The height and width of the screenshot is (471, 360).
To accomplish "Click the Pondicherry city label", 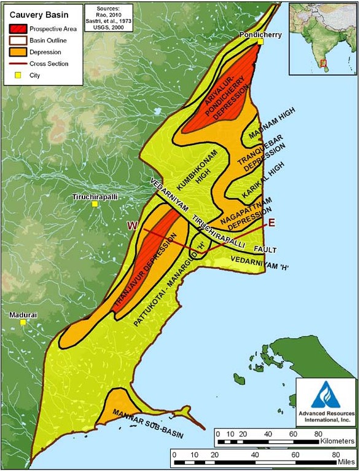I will click(x=260, y=35).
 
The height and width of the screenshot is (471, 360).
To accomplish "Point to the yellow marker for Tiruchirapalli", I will click(x=95, y=204).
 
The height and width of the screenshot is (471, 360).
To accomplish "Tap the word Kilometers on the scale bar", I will click(x=334, y=441).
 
